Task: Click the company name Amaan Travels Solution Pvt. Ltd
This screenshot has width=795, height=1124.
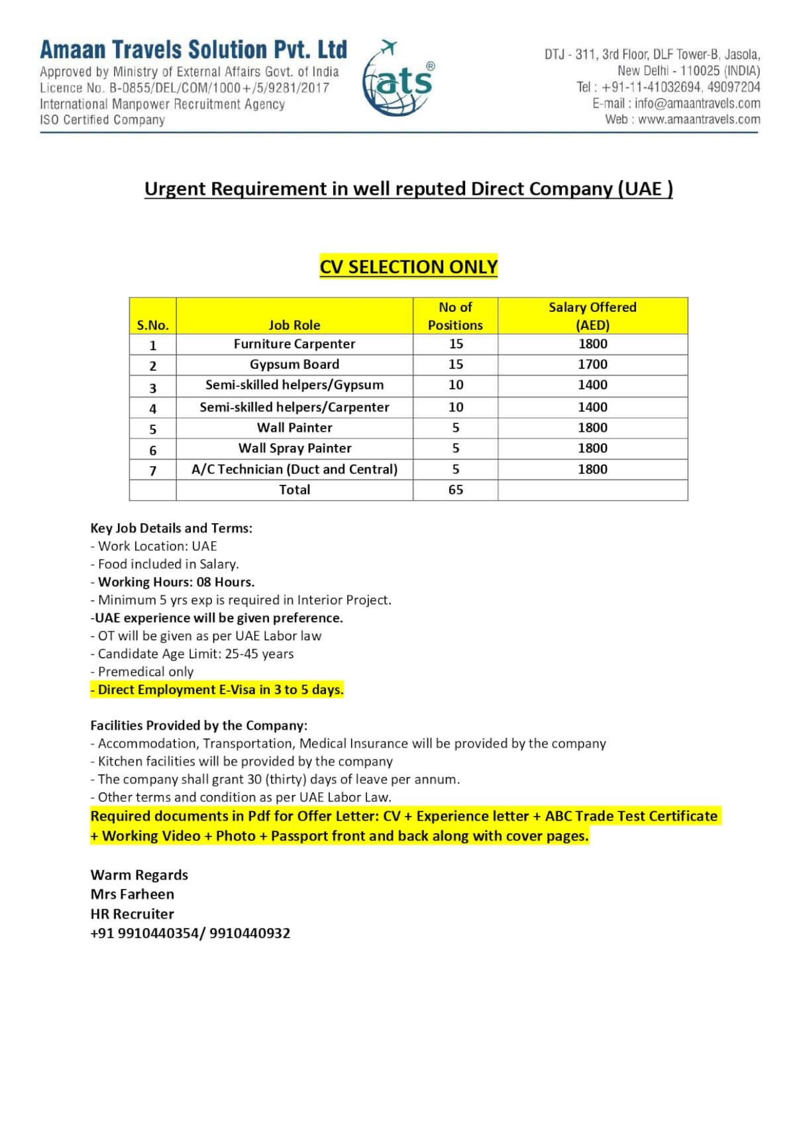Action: coord(193,50)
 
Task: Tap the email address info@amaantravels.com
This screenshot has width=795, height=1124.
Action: coord(697,103)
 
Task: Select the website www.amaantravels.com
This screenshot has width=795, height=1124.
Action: coord(699,119)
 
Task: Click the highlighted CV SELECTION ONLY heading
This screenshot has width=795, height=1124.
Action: coord(408,266)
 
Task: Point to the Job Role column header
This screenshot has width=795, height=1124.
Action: coord(294,325)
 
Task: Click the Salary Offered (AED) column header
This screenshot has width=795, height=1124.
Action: coord(592,316)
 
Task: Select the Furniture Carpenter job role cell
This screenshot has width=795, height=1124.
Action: coord(294,344)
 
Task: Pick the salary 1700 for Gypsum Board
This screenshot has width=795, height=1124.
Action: coord(592,364)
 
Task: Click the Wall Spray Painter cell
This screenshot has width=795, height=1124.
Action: coord(294,448)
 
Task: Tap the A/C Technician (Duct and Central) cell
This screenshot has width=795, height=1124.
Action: coord(294,469)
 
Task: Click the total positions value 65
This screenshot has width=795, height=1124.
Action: coord(455,489)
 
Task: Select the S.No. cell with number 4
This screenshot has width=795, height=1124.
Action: coord(153,409)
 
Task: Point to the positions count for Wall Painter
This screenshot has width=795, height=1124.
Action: coord(455,428)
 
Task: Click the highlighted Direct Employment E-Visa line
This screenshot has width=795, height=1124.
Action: coord(217,690)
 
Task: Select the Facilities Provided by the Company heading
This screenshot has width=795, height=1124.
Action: coord(199,725)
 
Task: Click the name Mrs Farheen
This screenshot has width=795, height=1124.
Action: coord(132,894)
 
